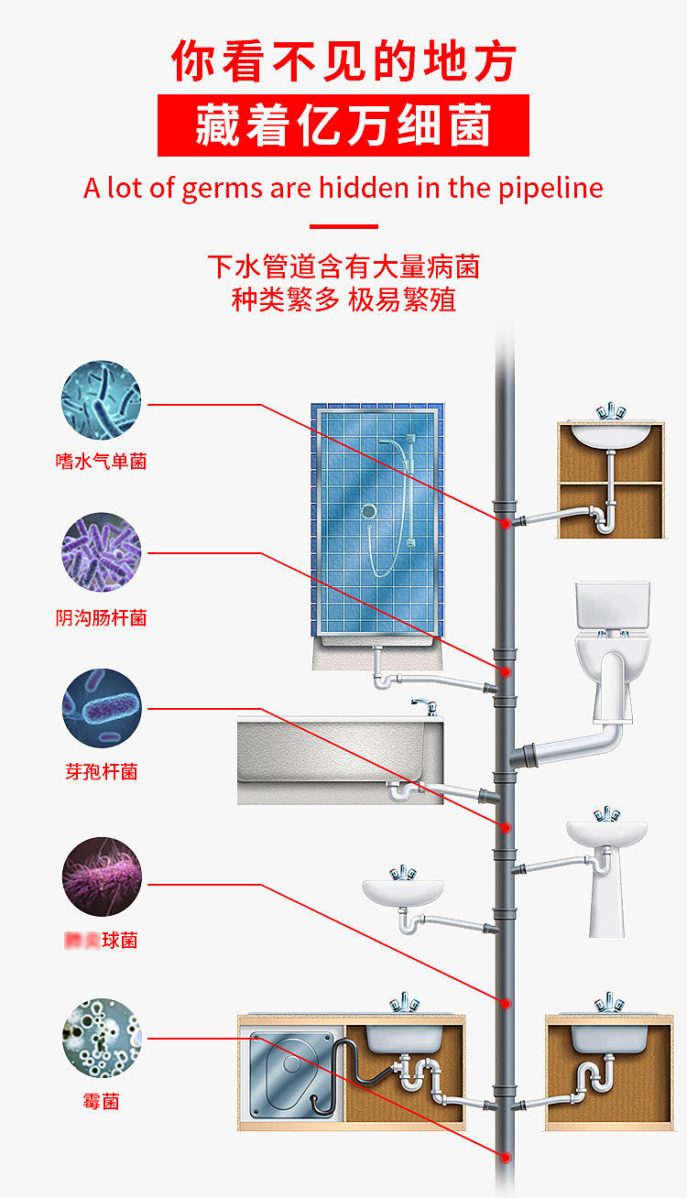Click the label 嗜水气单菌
[101, 462]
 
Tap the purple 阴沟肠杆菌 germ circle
[102, 552]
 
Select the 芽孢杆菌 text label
[101, 772]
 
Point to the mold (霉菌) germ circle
[102, 1039]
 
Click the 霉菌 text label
[101, 1101]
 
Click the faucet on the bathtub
[423, 706]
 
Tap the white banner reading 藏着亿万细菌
[343, 125]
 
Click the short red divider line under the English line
[343, 226]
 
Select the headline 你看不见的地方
[343, 60]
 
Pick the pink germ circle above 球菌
[102, 877]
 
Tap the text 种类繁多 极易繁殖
[343, 299]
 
